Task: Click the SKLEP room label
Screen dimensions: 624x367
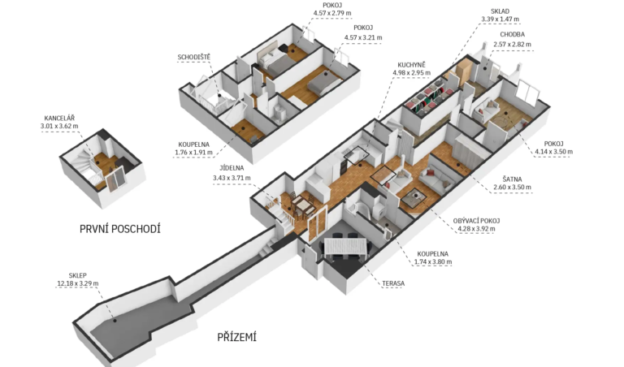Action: coord(78,275)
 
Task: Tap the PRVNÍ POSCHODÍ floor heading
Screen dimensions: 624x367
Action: coord(119,229)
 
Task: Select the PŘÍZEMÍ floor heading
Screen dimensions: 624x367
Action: coord(236,337)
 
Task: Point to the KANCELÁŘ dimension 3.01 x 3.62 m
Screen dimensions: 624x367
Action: coord(59,126)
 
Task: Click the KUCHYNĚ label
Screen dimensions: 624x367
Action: coord(411,65)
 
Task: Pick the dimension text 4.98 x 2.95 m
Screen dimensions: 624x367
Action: coord(411,73)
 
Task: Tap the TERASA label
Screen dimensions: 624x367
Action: coord(393,283)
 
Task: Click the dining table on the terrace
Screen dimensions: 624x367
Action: coord(344,248)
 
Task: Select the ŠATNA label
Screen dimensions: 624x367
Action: coord(512,179)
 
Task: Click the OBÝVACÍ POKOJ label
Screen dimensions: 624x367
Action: coord(476,221)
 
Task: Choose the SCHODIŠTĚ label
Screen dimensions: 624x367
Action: coord(194,58)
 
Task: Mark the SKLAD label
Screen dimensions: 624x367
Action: coord(500,11)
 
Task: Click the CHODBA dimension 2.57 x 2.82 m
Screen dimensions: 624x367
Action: coord(512,44)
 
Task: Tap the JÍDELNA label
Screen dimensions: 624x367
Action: coord(232,168)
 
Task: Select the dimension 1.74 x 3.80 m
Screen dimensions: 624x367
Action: coord(433,261)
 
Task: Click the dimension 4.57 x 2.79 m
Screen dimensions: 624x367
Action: coord(332,13)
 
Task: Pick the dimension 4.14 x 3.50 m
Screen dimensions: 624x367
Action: coord(554,152)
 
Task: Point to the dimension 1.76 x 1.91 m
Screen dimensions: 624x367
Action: coord(194,153)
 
